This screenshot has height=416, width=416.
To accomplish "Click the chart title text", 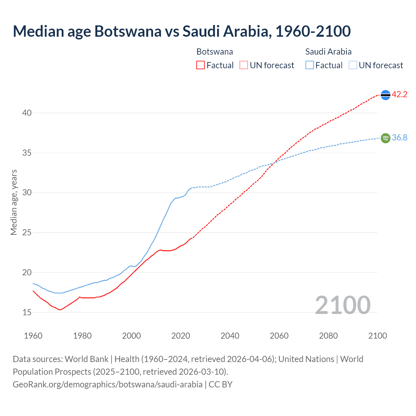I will coord(182,31).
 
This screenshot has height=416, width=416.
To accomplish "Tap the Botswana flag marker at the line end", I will coord(385,95).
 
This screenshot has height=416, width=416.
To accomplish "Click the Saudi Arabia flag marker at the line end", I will coord(385,138).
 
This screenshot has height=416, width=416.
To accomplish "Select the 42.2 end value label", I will coord(399,95).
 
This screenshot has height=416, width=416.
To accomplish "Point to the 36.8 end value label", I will coord(399,138).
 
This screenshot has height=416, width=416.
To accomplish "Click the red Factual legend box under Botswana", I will coord(201,65).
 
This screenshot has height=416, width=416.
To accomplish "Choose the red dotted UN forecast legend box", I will coord(244,65).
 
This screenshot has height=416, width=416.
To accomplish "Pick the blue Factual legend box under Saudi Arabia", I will coord(310,65).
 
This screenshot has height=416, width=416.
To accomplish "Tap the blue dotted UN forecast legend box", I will coord(353,65).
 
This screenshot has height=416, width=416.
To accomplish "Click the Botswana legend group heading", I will coord(214,52).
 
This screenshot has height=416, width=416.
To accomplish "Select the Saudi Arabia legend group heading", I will coord(328,52).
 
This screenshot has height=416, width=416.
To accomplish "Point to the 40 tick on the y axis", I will coord(27,113).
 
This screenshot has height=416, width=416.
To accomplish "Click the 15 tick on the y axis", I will coord(27,312).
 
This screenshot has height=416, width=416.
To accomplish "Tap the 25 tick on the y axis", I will coord(27,233).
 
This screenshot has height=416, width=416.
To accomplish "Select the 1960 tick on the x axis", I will coord(33,336).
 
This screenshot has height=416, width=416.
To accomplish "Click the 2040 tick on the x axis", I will coord(230,336).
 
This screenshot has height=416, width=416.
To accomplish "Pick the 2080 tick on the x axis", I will coord(328,336).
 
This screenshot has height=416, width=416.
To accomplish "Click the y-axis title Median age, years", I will coord(14,202).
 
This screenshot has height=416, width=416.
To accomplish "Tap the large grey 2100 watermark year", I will coord(343,305).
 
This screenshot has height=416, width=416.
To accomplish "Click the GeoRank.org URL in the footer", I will coord(108,384).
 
